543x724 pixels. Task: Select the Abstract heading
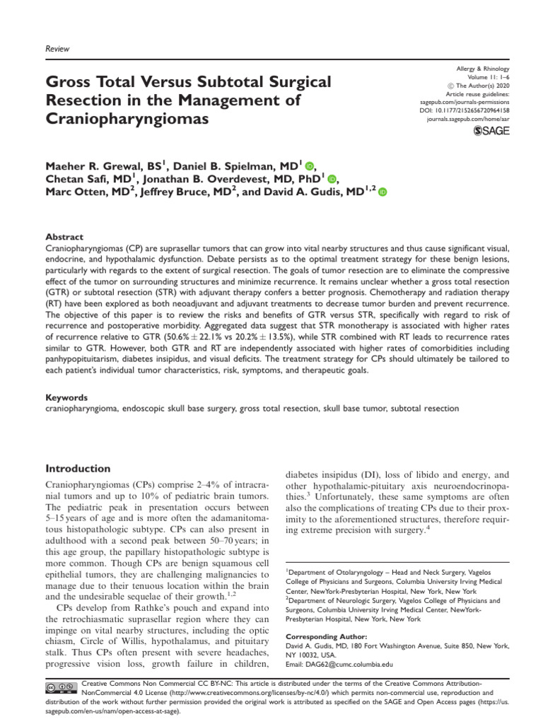tap(64, 238)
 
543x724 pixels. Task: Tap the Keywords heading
tap(66, 398)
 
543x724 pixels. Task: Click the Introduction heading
tap(88, 468)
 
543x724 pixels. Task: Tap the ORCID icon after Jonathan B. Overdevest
tap(332, 179)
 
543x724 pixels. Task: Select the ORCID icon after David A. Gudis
tap(383, 192)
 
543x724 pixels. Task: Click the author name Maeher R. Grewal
tap(93, 166)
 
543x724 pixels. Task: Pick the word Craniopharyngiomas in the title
tap(127, 119)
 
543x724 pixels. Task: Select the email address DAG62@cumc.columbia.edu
tap(339, 665)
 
